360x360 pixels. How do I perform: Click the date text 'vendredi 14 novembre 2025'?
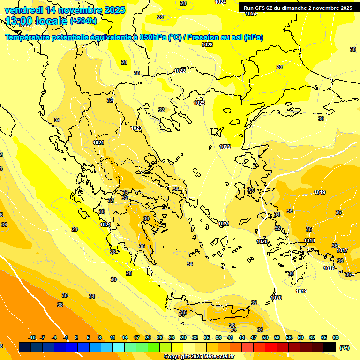coord(65,10)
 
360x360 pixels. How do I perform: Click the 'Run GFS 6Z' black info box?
coord(298,8)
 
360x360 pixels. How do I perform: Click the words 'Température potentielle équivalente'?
coord(67,37)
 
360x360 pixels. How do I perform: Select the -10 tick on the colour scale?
coord(32,337)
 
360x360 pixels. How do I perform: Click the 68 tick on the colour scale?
coord(336,337)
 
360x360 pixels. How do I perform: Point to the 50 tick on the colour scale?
coord(265,337)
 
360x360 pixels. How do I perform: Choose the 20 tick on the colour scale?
coord(148,337)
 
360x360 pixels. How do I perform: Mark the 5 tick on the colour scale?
coord(89,337)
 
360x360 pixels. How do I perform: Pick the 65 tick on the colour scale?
coord(324,337)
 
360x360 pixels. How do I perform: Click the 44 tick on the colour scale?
coord(242,337)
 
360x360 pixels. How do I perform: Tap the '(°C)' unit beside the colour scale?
coord(344,348)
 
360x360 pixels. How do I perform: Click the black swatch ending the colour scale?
coord(330,347)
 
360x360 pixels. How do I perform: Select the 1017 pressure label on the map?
coord(342,250)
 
